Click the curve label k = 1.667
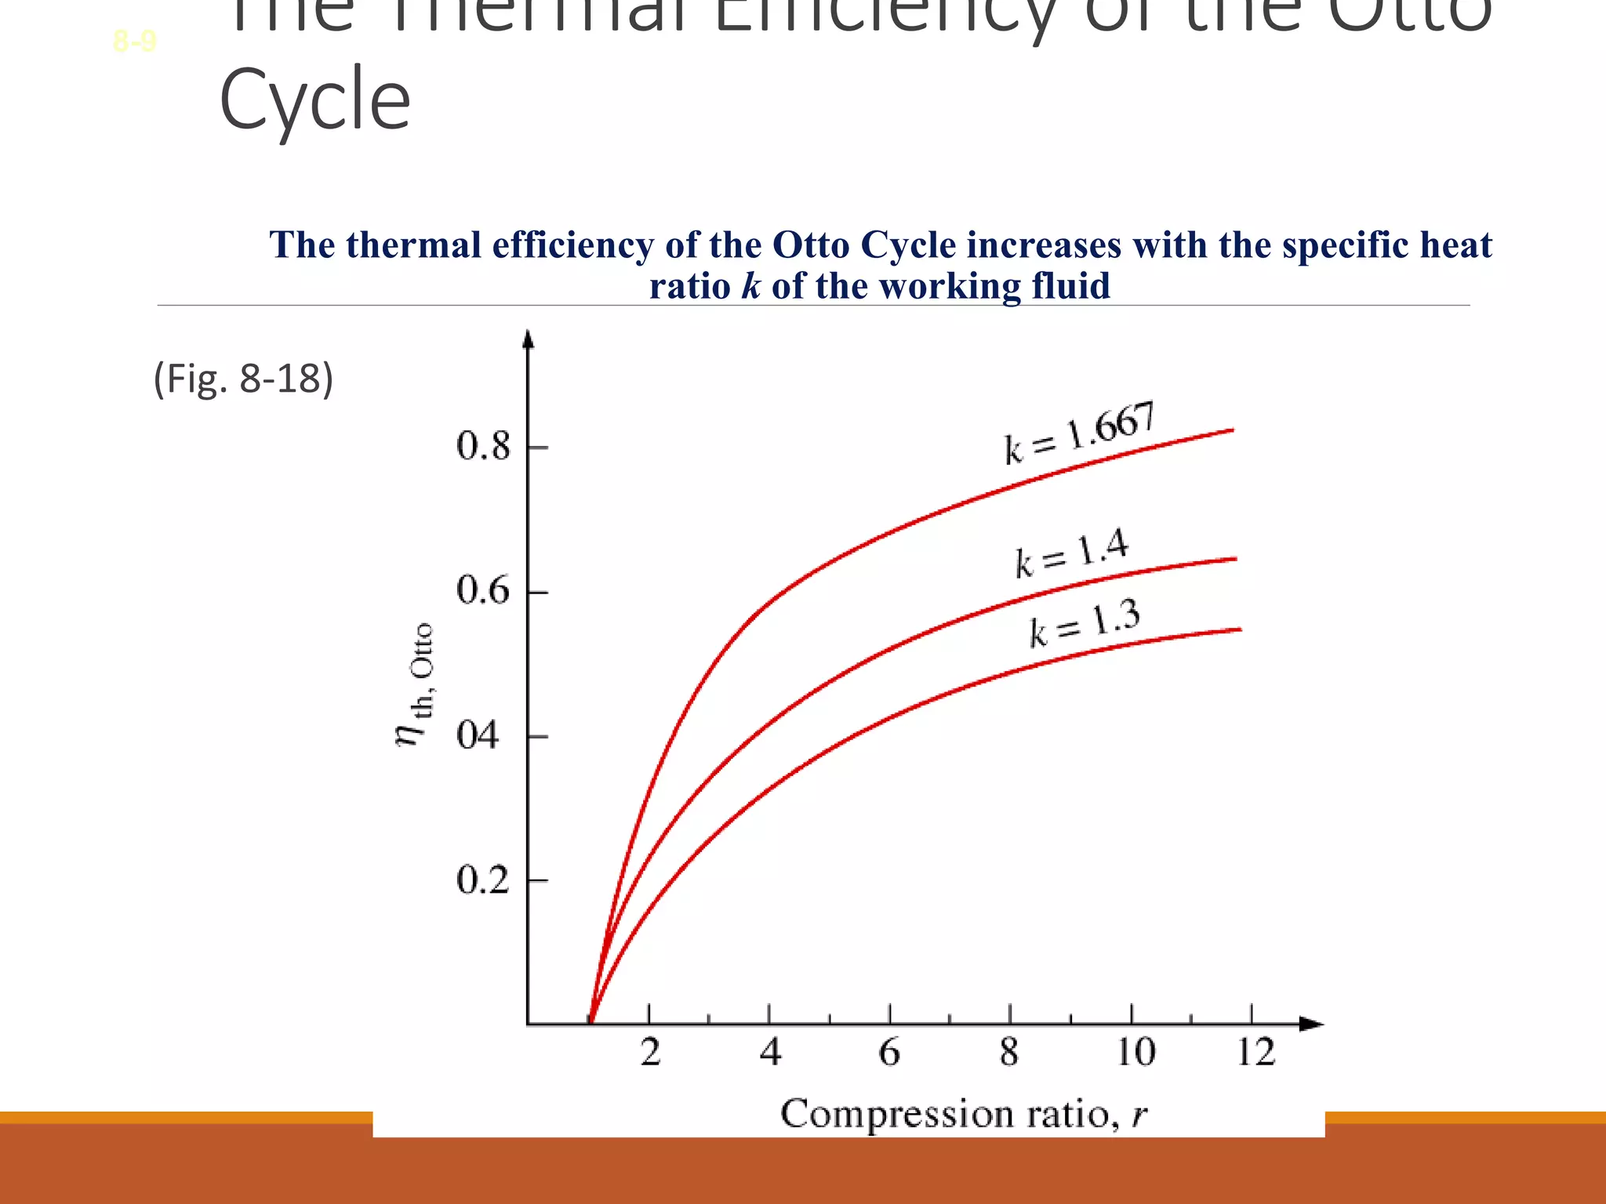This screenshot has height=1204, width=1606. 1080,433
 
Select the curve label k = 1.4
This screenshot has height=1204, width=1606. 1071,553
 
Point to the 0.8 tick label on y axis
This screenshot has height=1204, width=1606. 483,447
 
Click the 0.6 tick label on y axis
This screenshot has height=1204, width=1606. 483,591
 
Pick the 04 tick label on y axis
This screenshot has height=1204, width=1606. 478,736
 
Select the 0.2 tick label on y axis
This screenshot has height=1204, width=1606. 483,880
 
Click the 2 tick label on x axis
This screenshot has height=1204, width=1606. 650,1052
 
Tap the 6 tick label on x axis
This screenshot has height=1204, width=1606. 889,1052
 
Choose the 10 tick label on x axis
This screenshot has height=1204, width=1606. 1135,1052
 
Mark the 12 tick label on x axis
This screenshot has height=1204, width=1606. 1255,1052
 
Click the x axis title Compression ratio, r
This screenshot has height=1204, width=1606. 964,1114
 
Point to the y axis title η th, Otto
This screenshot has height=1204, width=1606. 414,685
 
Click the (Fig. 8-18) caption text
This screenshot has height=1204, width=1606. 243,379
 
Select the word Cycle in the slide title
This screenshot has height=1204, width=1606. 314,100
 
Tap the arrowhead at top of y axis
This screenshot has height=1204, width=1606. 529,339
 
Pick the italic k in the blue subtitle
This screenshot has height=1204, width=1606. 750,285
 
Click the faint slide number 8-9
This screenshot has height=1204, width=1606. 135,41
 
